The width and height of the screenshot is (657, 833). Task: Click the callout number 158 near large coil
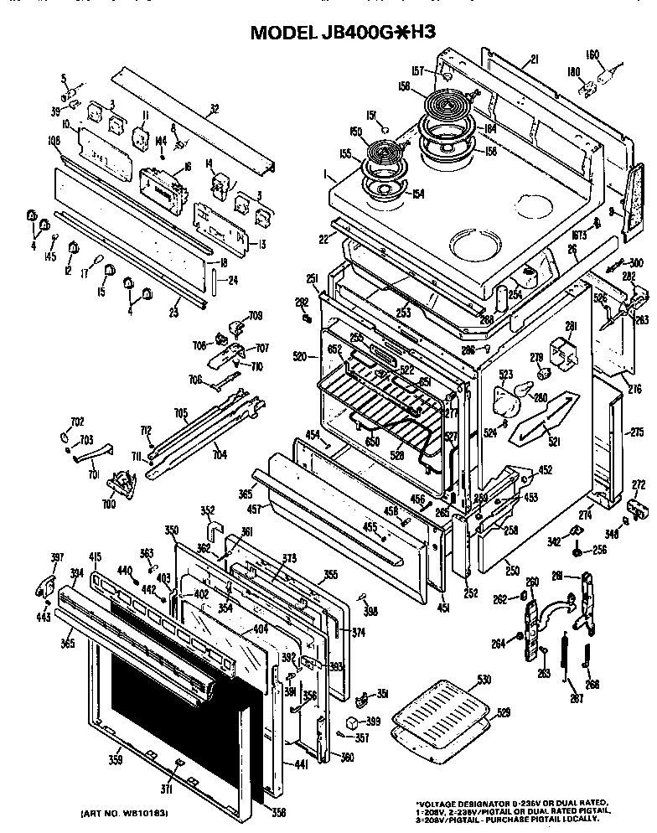(404, 85)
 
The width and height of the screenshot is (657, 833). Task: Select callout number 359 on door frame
(115, 760)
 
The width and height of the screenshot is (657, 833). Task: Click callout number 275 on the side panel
(637, 432)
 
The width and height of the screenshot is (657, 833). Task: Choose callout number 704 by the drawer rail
(219, 458)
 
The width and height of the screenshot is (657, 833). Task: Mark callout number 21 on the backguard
(532, 58)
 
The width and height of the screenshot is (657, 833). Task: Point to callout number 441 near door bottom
(301, 764)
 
